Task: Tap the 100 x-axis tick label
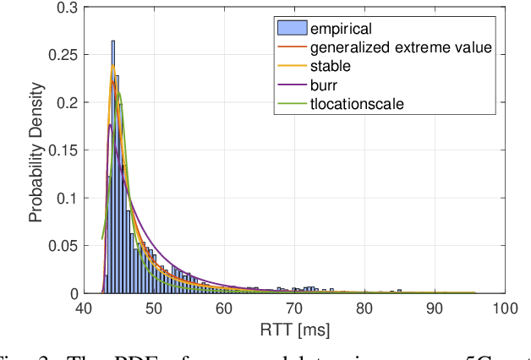pyautogui.click(x=504, y=308)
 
